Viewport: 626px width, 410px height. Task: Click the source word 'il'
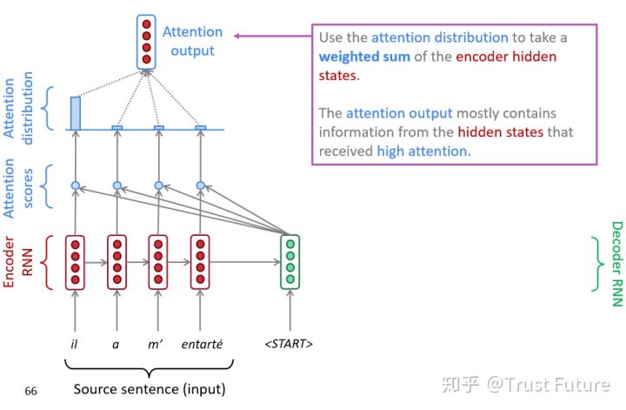pyautogui.click(x=75, y=344)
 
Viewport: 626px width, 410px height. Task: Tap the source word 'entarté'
pyautogui.click(x=202, y=344)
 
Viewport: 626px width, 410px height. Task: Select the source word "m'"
pyautogui.click(x=157, y=344)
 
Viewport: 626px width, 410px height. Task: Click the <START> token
pyautogui.click(x=289, y=344)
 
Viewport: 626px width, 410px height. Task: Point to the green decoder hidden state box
pyautogui.click(x=290, y=261)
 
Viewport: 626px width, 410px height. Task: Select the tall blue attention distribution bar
pyautogui.click(x=75, y=113)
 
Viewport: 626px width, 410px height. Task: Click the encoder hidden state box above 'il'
pyautogui.click(x=75, y=261)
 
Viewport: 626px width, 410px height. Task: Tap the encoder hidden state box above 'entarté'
pyautogui.click(x=201, y=261)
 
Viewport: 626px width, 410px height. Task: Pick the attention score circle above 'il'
pyautogui.click(x=75, y=185)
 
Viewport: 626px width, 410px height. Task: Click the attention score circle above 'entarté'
pyautogui.click(x=201, y=185)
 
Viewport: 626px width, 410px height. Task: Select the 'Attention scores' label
pyautogui.click(x=18, y=187)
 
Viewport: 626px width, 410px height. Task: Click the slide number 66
pyautogui.click(x=30, y=392)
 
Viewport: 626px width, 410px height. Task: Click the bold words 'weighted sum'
pyautogui.click(x=365, y=57)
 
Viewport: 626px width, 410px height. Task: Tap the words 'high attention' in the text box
pyautogui.click(x=423, y=151)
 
